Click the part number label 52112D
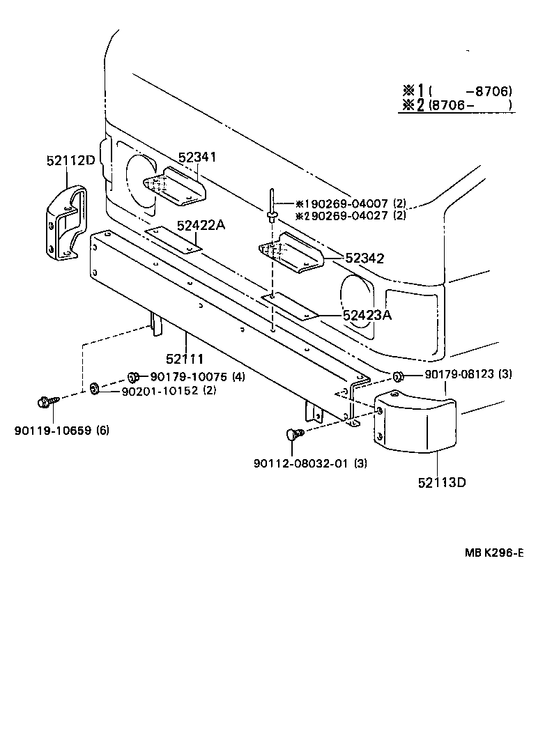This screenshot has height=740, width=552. point(71,160)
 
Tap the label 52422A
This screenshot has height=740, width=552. point(201,225)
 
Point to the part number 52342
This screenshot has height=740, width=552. point(366,258)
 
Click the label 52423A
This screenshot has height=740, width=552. point(367,315)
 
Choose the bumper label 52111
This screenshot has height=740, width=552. point(185,360)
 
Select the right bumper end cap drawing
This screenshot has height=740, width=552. point(414,424)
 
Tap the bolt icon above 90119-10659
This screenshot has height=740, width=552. point(44,402)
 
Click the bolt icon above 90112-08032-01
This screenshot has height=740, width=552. point(293,435)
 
